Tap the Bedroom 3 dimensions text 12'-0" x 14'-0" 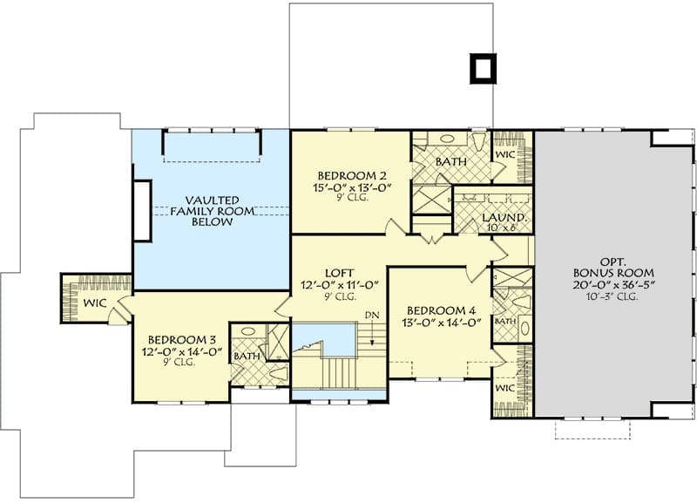click(182, 352)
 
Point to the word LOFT click(340, 273)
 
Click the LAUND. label click(505, 217)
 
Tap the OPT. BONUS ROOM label click(613, 268)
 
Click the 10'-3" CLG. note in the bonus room click(613, 296)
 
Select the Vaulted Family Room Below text click(213, 211)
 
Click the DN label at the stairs click(372, 316)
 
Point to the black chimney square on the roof click(483, 69)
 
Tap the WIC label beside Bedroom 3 click(95, 303)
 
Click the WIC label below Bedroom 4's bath click(504, 388)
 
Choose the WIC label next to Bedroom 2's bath click(504, 155)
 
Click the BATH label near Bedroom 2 click(451, 161)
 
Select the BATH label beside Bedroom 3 click(247, 357)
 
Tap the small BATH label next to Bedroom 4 click(505, 321)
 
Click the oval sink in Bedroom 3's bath click(248, 332)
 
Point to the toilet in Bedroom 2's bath click(478, 141)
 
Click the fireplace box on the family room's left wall click(142, 211)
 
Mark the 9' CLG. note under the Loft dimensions click(340, 297)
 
